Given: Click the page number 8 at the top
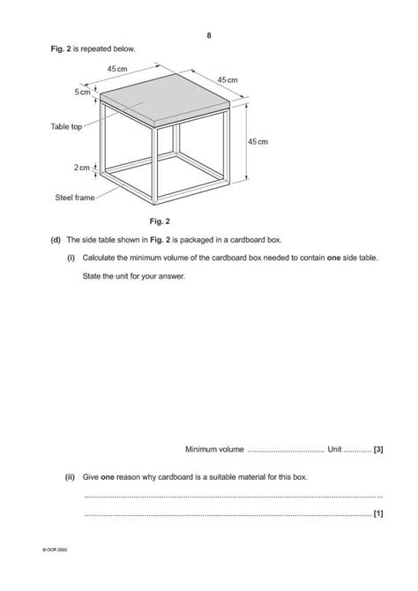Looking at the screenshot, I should tap(209, 35).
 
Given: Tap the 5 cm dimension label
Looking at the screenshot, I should tap(83, 92).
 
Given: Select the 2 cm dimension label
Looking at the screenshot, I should tap(81, 166).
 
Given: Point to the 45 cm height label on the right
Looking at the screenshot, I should tap(258, 141).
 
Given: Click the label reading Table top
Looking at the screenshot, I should tap(65, 127).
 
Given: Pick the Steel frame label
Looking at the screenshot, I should tap(73, 198).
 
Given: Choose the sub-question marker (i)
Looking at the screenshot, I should tap(71, 258).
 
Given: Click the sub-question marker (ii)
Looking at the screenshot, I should tap(70, 476).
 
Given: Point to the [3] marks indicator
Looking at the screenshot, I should tap(377, 449).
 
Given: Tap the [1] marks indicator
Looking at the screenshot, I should tap(377, 513).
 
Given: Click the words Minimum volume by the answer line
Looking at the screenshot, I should tap(214, 449).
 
